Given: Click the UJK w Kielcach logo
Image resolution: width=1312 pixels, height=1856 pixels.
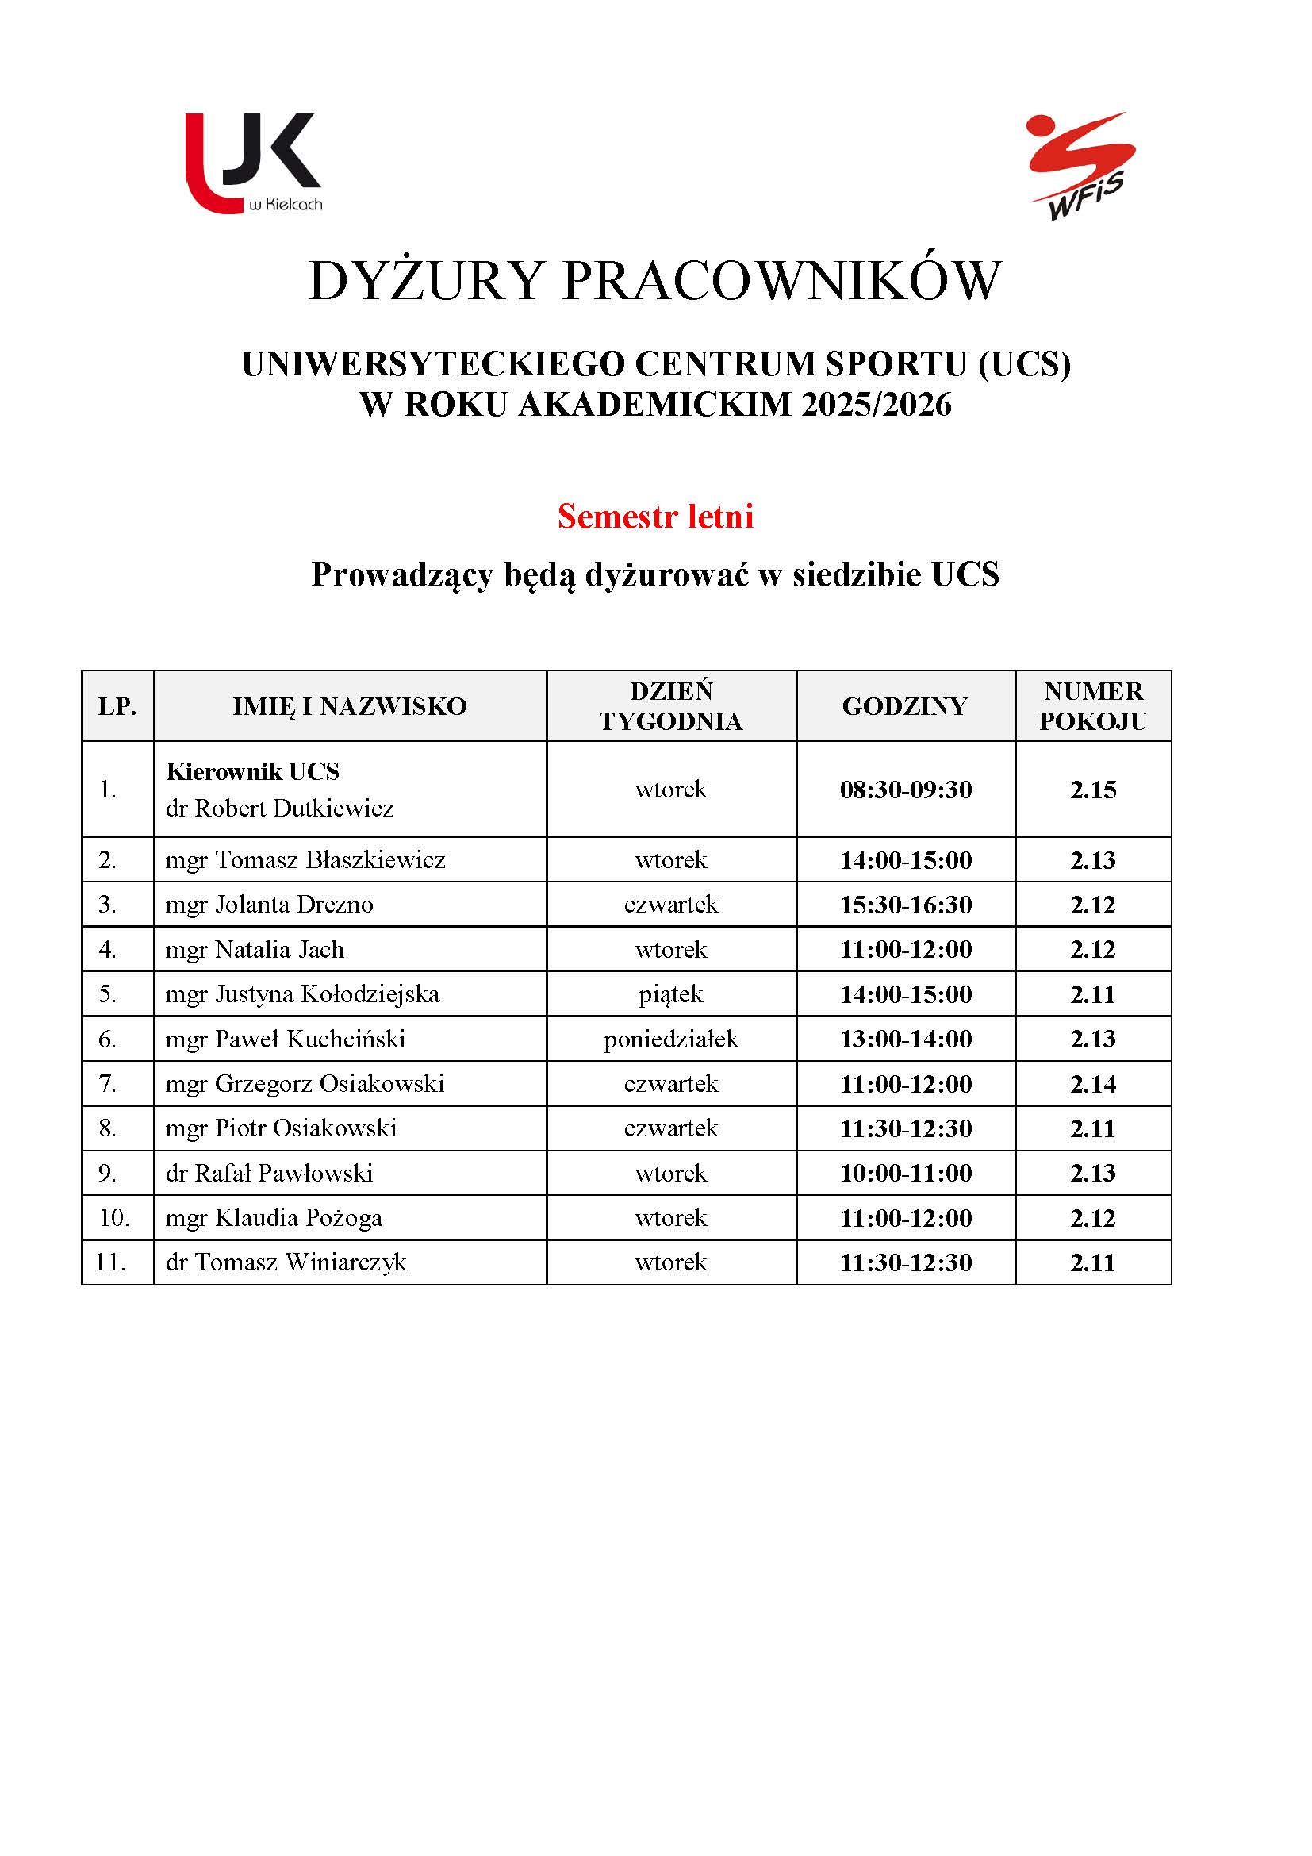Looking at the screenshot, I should tap(254, 163).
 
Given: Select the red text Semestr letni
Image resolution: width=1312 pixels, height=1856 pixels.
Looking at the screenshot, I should tap(655, 517).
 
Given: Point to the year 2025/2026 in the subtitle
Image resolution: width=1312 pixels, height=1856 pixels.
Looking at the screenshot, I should tap(877, 404).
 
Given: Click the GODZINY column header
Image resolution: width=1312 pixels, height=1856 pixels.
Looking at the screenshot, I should tap(905, 706).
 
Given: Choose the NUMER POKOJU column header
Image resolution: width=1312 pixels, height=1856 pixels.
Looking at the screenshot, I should tap(1093, 705).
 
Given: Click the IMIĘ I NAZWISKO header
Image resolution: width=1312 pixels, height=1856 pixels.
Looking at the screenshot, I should tap(350, 706).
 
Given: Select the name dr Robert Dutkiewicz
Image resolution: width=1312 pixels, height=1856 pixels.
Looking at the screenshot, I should tap(279, 808).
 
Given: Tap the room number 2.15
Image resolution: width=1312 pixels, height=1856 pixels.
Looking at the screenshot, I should tap(1093, 790).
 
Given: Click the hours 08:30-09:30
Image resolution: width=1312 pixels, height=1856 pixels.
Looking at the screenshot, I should tap(906, 790).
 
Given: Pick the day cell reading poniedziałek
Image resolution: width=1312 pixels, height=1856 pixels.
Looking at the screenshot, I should tap(671, 1039).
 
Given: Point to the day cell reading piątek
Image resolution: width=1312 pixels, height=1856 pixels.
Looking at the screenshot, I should tap(671, 994).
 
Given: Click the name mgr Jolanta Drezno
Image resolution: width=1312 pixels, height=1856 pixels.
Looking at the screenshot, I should tap(269, 904).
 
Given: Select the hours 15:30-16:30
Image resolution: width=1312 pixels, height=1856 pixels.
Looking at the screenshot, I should tap(906, 905).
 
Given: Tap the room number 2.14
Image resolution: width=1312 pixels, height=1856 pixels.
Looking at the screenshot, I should tap(1093, 1084).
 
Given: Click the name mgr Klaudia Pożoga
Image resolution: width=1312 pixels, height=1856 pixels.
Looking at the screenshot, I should tap(274, 1217).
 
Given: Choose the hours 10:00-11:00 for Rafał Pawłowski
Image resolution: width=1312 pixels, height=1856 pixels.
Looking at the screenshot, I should tap(906, 1173).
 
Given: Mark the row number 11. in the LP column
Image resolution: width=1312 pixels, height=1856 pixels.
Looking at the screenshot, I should tap(111, 1262).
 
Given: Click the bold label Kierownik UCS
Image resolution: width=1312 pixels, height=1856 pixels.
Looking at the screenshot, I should tap(252, 771).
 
